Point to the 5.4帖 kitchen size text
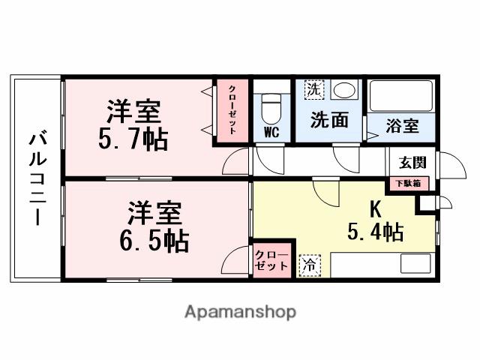click(x=375, y=232)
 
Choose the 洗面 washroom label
click(x=328, y=119)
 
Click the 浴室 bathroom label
click(x=402, y=125)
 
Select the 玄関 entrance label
click(x=412, y=161)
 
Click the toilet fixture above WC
click(x=270, y=109)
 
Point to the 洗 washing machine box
click(x=313, y=90)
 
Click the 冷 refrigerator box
click(x=308, y=265)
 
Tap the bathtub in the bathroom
click(x=402, y=95)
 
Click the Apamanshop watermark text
click(x=240, y=311)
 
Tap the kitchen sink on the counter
click(x=415, y=263)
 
